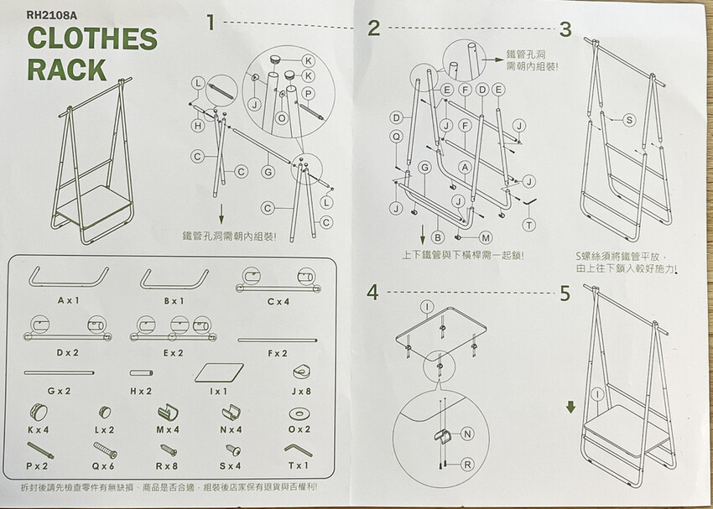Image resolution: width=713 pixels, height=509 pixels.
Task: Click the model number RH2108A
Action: pos(52,15)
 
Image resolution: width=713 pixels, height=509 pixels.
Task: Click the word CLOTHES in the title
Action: pos(92,39)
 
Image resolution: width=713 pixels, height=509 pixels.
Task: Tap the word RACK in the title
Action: pos(67,70)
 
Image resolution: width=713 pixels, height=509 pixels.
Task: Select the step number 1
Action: pos(210,23)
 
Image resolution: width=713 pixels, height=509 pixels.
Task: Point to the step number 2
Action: pos(373,29)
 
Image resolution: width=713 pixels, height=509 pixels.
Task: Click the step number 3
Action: pos(565,29)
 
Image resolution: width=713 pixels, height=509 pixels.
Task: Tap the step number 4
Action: pos(372,292)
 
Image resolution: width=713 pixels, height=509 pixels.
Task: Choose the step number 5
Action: pos(565,293)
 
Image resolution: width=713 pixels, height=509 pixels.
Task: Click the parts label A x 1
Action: pos(69,300)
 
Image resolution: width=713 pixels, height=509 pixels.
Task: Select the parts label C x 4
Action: pos(278,301)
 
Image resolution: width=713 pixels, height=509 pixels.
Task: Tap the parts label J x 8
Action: pos(301,391)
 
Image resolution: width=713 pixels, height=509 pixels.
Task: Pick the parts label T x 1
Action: pos(299,465)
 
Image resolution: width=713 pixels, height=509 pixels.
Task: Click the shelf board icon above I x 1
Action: pos(219,372)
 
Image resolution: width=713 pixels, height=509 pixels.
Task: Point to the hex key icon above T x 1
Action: pos(299,450)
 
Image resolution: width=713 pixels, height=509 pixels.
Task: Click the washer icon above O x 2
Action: pos(299,413)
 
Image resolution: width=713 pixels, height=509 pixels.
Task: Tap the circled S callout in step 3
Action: pos(629,120)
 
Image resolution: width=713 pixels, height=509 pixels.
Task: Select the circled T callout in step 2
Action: pos(528,225)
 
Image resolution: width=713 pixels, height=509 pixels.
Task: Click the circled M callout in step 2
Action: pos(486,237)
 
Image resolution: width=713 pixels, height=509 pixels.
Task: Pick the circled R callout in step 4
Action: pos(467,464)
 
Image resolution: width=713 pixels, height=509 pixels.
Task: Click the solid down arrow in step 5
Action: pos(570,407)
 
